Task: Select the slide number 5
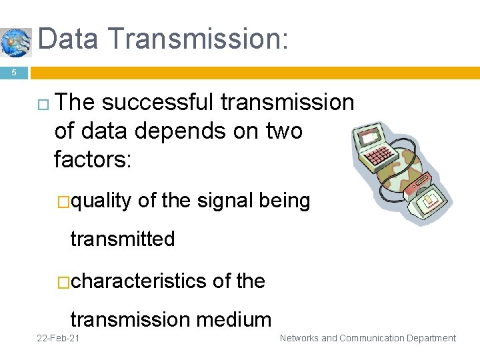click(13, 73)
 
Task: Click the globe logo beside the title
click(15, 42)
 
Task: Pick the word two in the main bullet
click(283, 131)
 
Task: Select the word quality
click(101, 201)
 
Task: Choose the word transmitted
click(123, 239)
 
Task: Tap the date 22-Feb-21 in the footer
click(59, 339)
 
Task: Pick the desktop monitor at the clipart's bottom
click(426, 199)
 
